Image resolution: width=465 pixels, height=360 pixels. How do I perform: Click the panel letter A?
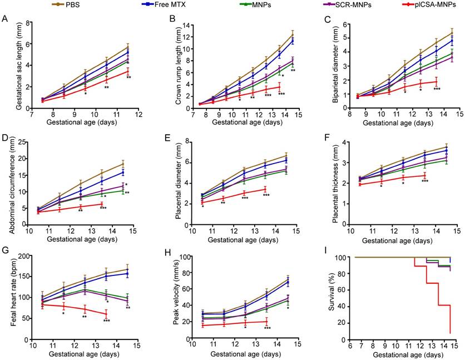pyautogui.click(x=4, y=20)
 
